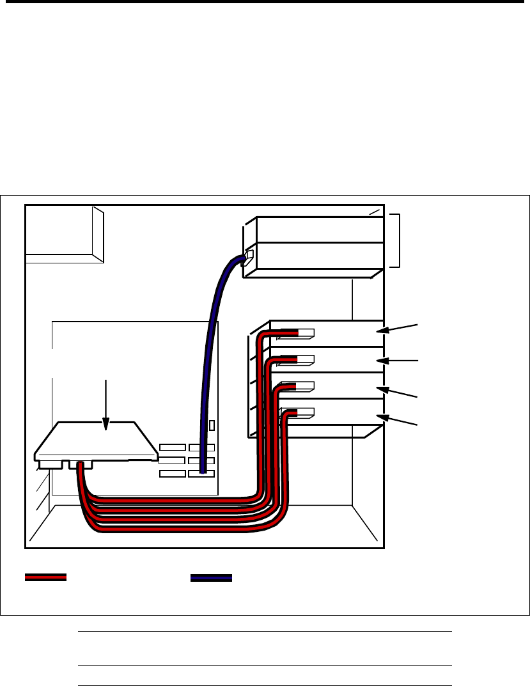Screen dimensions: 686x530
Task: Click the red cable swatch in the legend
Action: pos(45,577)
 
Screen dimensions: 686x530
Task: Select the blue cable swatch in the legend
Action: pos(211,577)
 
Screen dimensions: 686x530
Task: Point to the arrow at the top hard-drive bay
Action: pos(398,329)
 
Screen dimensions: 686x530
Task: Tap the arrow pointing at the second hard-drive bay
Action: pos(398,361)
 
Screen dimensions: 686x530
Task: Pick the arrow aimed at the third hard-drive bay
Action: pos(398,392)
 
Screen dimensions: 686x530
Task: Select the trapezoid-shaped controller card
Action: pos(96,441)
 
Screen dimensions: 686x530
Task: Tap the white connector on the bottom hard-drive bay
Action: pos(306,412)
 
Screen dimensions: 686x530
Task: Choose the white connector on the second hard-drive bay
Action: pos(306,360)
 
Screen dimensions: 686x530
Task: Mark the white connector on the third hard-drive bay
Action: pos(306,386)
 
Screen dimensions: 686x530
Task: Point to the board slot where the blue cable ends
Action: pos(201,473)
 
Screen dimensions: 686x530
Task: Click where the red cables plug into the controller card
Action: pos(81,465)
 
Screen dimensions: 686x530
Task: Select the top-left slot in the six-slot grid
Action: pos(173,447)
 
